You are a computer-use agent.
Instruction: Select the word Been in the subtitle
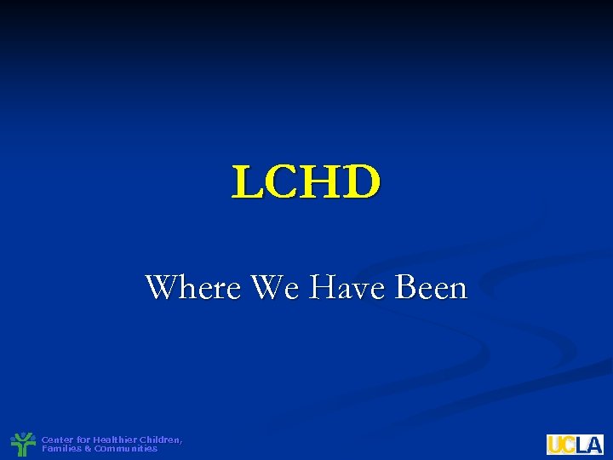[x=432, y=288]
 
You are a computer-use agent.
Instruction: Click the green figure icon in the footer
[x=24, y=444]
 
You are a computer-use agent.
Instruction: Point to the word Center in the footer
[x=57, y=440]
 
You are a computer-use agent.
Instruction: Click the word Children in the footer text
[x=159, y=440]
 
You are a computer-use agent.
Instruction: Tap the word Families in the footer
[x=60, y=448]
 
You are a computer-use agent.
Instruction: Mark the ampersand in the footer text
[x=87, y=448]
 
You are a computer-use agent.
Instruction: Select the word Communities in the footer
[x=125, y=448]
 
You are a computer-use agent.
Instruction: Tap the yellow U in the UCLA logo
[x=555, y=445]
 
